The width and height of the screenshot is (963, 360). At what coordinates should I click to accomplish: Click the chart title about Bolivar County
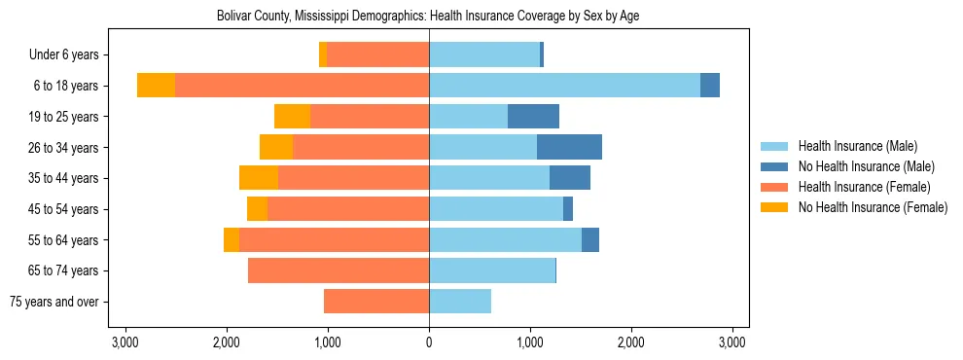(x=427, y=17)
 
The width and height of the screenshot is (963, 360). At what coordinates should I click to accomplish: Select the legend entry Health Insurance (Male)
(x=857, y=146)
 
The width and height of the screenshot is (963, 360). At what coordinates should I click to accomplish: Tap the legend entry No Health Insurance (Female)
(x=872, y=207)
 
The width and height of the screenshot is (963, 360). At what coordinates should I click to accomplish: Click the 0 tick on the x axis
(x=429, y=342)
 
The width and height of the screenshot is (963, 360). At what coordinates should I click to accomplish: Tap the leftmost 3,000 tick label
(x=125, y=342)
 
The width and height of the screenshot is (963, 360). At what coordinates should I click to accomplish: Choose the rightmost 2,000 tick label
(x=631, y=342)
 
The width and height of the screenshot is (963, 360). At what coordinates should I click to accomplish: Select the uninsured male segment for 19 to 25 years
(x=533, y=117)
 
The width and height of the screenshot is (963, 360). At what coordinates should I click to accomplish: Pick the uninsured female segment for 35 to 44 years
(x=259, y=178)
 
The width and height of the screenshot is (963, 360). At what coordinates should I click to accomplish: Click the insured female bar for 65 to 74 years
(x=339, y=270)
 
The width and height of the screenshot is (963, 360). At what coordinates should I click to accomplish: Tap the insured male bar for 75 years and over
(x=460, y=302)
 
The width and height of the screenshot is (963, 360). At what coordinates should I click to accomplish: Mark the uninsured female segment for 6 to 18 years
(x=156, y=86)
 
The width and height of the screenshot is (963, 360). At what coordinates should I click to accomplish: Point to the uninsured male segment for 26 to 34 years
(x=569, y=148)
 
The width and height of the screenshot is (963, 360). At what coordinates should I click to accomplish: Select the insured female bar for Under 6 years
(x=377, y=55)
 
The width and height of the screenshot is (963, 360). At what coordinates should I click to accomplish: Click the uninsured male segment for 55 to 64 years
(x=590, y=240)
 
